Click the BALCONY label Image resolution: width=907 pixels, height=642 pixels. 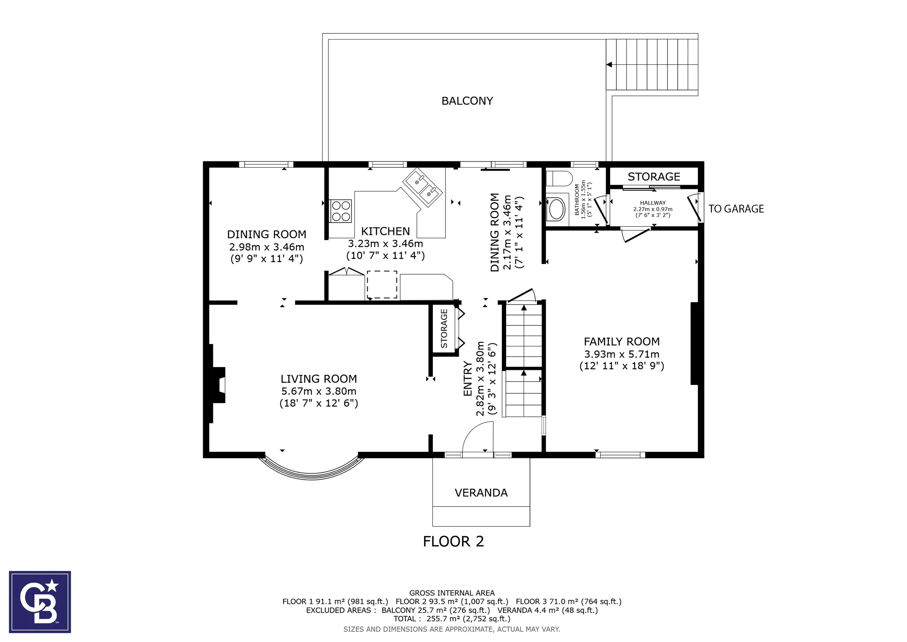point(467,101)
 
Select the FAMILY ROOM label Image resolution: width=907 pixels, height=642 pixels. point(622,342)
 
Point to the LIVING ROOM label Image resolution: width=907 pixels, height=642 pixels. point(319,379)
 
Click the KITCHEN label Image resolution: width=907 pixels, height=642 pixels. point(386,231)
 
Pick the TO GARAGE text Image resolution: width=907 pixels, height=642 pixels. point(736,209)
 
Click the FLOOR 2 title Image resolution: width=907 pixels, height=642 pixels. point(453,541)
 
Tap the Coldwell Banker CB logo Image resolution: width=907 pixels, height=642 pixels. point(40,602)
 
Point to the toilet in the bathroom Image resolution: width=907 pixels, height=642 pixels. point(559,179)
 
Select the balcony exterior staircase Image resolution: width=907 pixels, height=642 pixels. point(652,64)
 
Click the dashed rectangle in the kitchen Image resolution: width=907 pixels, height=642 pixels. point(382,284)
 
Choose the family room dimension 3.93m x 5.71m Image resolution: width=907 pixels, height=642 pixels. point(622,354)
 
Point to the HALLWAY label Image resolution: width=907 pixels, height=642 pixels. point(653,203)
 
